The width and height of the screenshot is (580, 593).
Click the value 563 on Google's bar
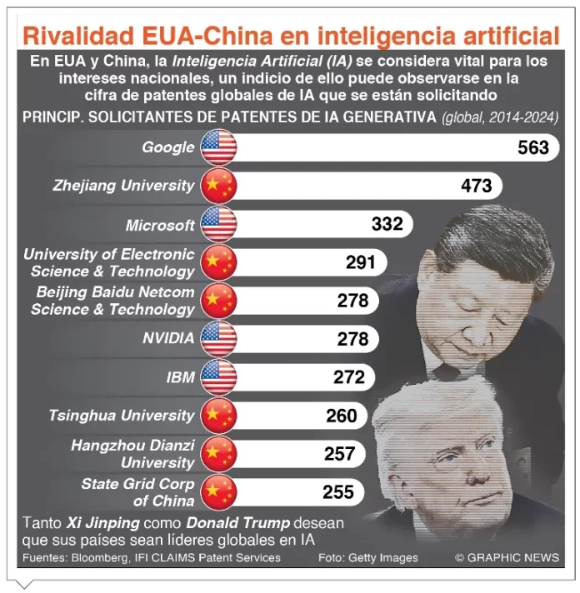click(532, 147)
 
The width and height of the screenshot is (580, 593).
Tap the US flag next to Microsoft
click(219, 224)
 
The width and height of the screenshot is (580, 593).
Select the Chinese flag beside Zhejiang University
click(219, 186)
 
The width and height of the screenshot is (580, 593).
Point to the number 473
click(476, 186)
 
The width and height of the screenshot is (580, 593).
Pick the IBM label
click(180, 376)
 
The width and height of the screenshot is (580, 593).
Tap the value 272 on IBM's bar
click(348, 376)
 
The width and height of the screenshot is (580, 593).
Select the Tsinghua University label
click(121, 415)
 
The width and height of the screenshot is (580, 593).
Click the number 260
click(341, 415)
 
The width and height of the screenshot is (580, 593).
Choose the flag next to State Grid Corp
click(219, 491)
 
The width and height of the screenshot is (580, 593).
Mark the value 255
click(338, 491)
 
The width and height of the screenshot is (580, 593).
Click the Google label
click(167, 147)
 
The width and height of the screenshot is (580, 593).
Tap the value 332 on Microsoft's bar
click(387, 224)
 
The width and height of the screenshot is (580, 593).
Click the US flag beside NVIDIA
click(219, 338)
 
